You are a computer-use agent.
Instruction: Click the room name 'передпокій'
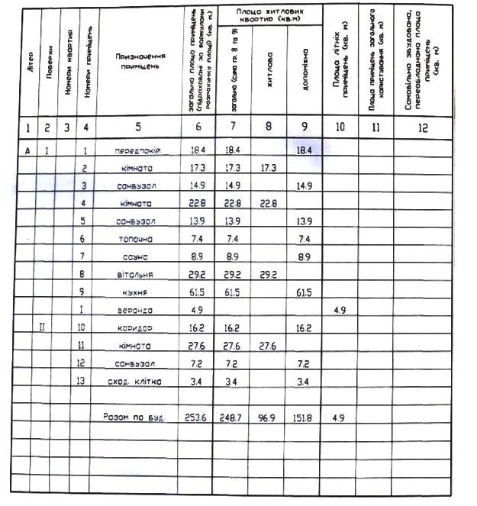pos(138,152)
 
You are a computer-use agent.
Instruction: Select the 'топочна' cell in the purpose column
pos(138,239)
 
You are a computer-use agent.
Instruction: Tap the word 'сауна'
pos(138,257)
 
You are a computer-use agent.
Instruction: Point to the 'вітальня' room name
pos(138,275)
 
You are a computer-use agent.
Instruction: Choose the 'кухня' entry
pos(138,292)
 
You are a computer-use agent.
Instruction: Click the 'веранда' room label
pos(138,311)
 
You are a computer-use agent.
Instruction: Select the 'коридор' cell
pos(138,328)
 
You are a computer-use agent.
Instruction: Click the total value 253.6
pos(196,417)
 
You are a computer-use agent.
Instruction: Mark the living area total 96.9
pos(269,417)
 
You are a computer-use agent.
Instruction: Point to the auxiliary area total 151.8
pos(304,417)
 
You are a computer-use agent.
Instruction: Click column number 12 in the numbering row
pos(423,128)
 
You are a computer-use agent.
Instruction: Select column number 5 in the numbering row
pos(138,128)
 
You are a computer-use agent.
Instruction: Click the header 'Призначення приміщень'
pos(137,62)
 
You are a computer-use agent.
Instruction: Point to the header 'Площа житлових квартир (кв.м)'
pos(269,17)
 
